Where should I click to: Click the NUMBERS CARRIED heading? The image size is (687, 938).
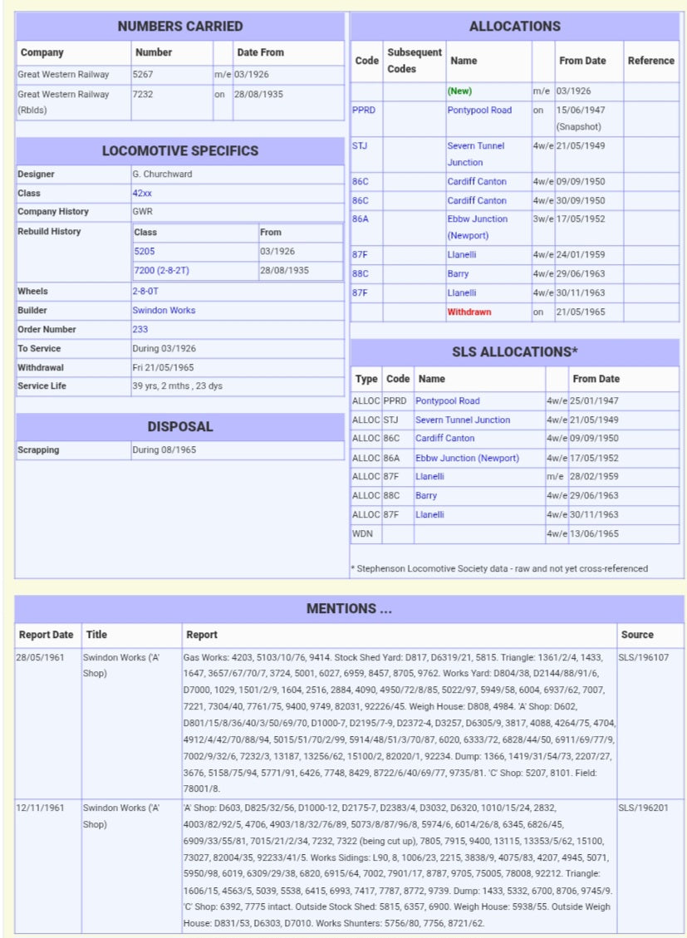pos(180,26)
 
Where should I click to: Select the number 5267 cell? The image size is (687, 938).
pos(142,75)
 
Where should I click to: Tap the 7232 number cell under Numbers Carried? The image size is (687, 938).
pos(142,94)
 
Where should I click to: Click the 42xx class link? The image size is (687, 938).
pos(142,193)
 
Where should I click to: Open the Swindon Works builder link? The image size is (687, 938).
pos(164,310)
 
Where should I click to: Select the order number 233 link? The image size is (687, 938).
pos(140,329)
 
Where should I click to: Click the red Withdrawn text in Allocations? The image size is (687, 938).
pos(469,312)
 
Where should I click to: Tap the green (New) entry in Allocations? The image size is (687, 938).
pos(459,91)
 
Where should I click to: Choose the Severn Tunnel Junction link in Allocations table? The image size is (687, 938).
pos(476,154)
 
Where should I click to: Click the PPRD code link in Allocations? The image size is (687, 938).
pos(363,110)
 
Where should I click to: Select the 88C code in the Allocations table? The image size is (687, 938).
pos(360,273)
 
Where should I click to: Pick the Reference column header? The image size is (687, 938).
pos(650,61)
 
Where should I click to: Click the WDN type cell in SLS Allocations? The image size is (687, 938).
pos(362,533)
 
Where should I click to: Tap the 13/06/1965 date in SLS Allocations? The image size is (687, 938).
pos(595,533)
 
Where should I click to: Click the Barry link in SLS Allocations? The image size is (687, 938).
pos(426,495)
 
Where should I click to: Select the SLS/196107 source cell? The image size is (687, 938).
pos(643,656)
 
